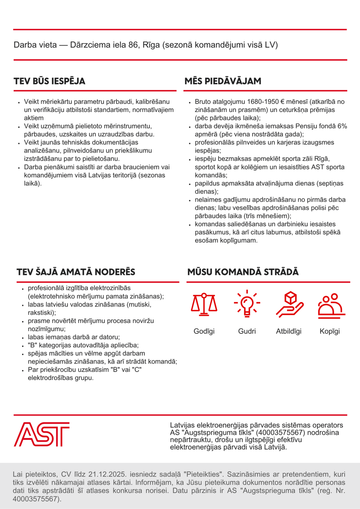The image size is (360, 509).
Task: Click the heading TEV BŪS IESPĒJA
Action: (x=49, y=81)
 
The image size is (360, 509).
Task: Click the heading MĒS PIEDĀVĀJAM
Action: (x=222, y=81)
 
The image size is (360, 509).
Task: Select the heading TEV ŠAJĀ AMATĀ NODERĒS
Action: (x=76, y=272)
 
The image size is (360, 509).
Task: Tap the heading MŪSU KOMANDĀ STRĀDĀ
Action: (x=243, y=272)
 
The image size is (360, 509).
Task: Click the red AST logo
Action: (x=42, y=434)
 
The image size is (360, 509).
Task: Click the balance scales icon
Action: (x=204, y=305)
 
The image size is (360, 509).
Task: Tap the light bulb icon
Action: (x=247, y=305)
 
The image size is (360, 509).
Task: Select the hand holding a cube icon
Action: (x=289, y=305)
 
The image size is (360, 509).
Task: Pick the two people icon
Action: (x=330, y=305)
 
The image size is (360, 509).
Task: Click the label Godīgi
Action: (x=204, y=331)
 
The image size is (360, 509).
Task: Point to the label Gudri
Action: (x=247, y=331)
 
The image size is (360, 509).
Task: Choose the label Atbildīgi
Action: (x=289, y=331)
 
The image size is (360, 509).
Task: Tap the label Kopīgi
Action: (x=330, y=331)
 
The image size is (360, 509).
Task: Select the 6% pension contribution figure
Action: (x=342, y=126)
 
